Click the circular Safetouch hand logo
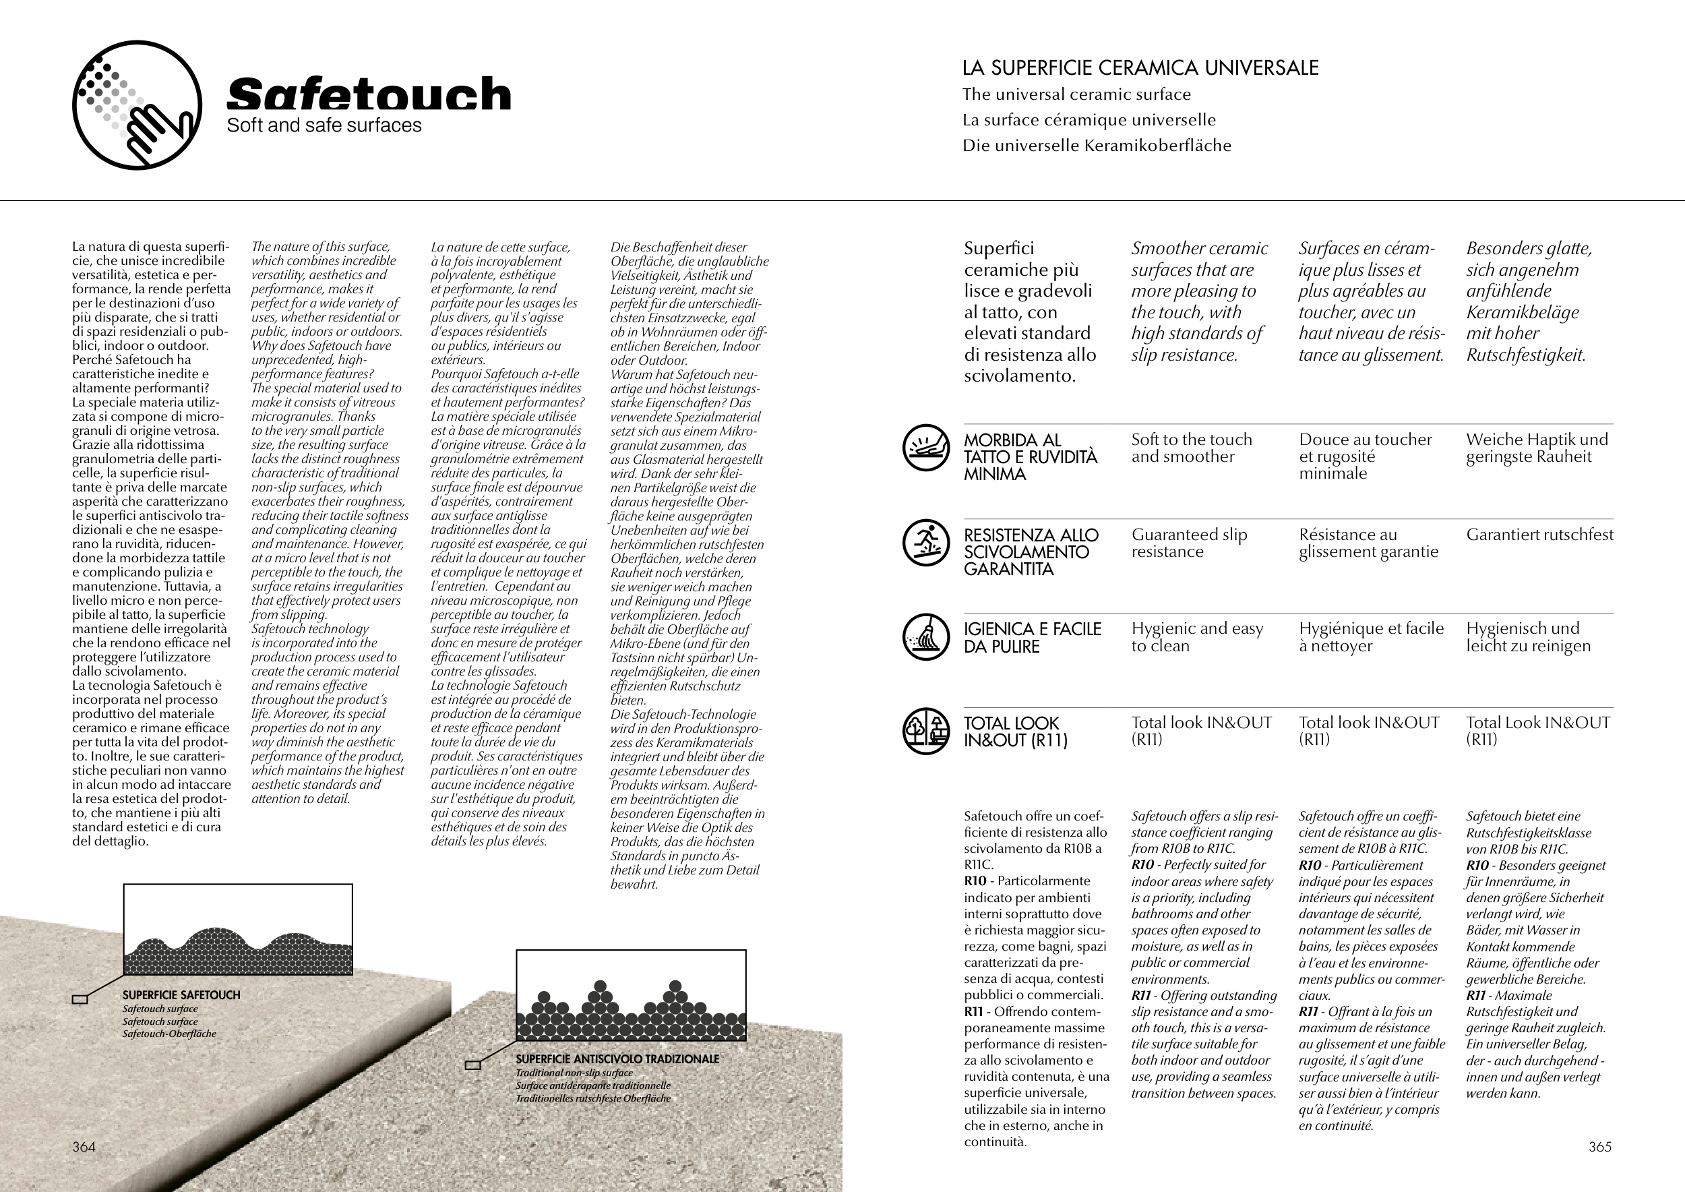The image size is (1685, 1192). click(x=137, y=105)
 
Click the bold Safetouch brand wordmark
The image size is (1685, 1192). click(x=369, y=94)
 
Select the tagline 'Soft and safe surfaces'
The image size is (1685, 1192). click(x=324, y=125)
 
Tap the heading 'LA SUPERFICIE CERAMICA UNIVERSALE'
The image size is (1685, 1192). click(x=1140, y=68)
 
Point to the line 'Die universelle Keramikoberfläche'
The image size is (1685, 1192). click(x=1097, y=146)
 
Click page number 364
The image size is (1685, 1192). click(x=84, y=1147)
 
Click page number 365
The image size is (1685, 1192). click(x=1600, y=1147)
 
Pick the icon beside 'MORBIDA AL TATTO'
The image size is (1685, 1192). click(x=926, y=448)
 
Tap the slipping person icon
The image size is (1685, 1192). click(x=926, y=543)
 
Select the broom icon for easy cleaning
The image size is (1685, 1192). click(x=926, y=636)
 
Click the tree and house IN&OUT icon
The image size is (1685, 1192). click(x=926, y=731)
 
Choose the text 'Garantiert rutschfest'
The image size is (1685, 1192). click(x=1539, y=535)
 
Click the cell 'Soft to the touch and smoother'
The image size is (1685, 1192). click(x=1191, y=448)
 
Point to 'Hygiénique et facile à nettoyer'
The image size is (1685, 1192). click(x=1371, y=636)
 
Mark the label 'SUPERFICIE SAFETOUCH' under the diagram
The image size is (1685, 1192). click(x=181, y=995)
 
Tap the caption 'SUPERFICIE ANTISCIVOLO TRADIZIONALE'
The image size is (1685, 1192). click(x=617, y=1059)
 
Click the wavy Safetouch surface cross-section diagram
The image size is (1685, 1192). click(x=238, y=930)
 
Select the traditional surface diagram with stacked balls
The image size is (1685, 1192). click(x=631, y=995)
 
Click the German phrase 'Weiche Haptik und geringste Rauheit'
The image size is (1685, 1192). click(x=1537, y=448)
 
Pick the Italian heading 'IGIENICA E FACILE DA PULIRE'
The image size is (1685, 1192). click(x=1032, y=637)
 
